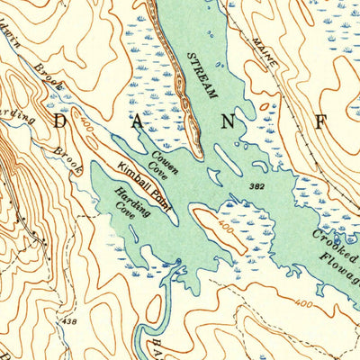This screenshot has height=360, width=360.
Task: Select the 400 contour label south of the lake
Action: coord(304,304)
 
